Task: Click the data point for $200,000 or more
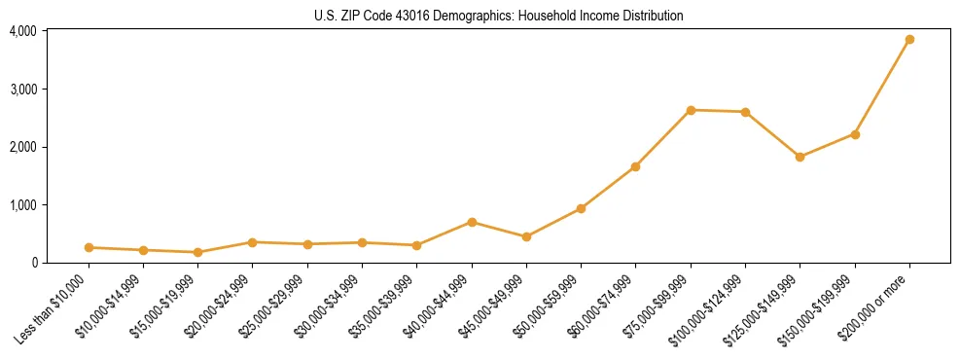pos(909,40)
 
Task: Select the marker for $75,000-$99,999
pos(691,110)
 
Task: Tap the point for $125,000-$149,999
pos(800,157)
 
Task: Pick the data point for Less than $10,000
pos(89,247)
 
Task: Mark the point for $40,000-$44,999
pos(472,222)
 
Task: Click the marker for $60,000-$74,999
pos(635,166)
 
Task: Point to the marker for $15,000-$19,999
pos(198,252)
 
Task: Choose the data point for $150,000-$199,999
pos(855,134)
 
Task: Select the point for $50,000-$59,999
pos(581,208)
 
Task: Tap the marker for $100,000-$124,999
pos(745,112)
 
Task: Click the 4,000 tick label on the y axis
pos(23,31)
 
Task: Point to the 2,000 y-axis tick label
pos(23,147)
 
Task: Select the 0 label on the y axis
pos(33,263)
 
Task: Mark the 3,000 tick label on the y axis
pos(23,90)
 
